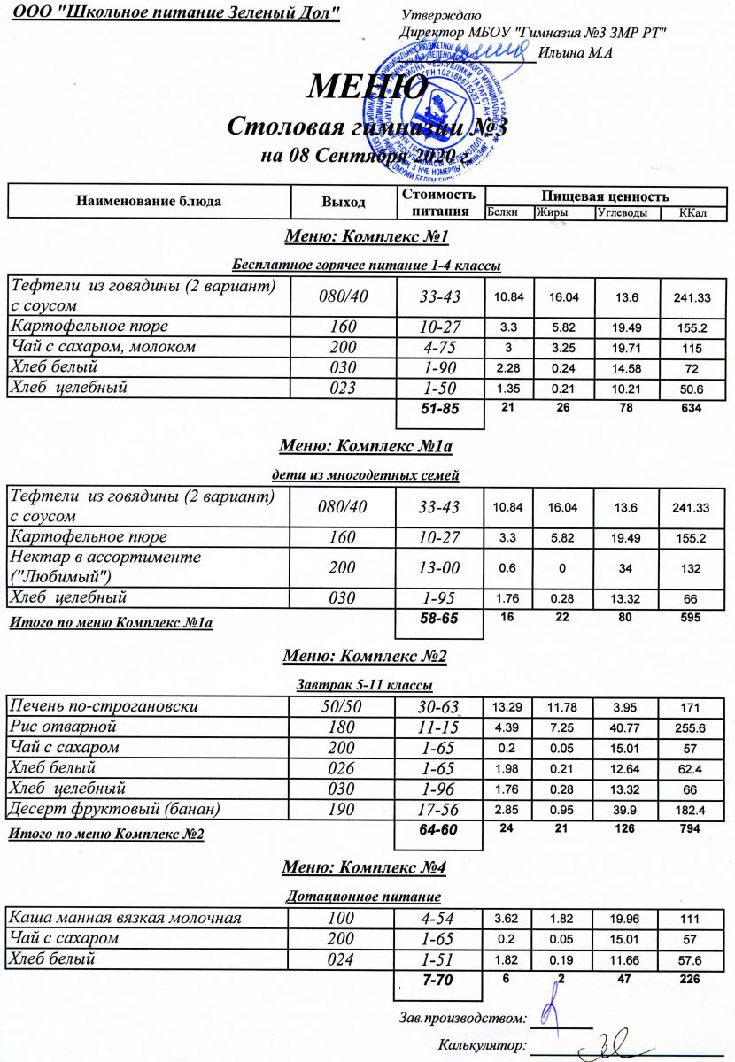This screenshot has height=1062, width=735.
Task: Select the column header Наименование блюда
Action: pyautogui.click(x=149, y=201)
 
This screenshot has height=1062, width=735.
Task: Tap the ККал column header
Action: pyautogui.click(x=690, y=213)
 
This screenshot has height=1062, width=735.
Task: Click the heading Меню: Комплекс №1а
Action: pyautogui.click(x=366, y=445)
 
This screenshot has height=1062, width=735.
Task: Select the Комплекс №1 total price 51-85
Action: pyautogui.click(x=438, y=408)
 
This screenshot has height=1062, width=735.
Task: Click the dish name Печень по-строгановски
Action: pyautogui.click(x=103, y=706)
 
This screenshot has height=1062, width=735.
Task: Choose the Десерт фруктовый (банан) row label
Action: pyautogui.click(x=113, y=809)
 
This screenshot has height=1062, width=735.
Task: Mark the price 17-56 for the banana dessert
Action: pyautogui.click(x=438, y=809)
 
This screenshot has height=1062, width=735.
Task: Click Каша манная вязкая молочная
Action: pyautogui.click(x=124, y=918)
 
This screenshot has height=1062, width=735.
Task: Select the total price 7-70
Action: pyautogui.click(x=438, y=980)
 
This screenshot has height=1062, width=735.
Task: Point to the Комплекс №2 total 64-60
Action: pyautogui.click(x=438, y=830)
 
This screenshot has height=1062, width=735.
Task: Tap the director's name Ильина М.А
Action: pyautogui.click(x=576, y=54)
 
